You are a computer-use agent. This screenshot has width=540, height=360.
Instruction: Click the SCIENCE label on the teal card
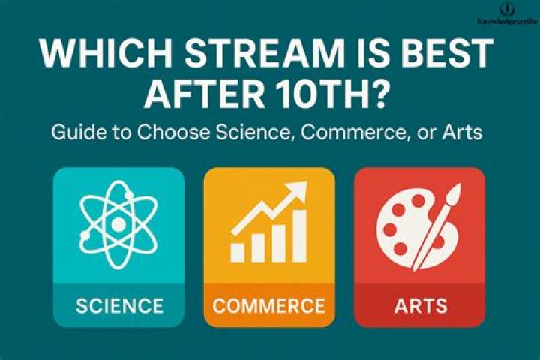pos(119,306)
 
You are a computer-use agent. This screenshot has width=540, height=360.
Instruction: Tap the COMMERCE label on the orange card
pos(268,306)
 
